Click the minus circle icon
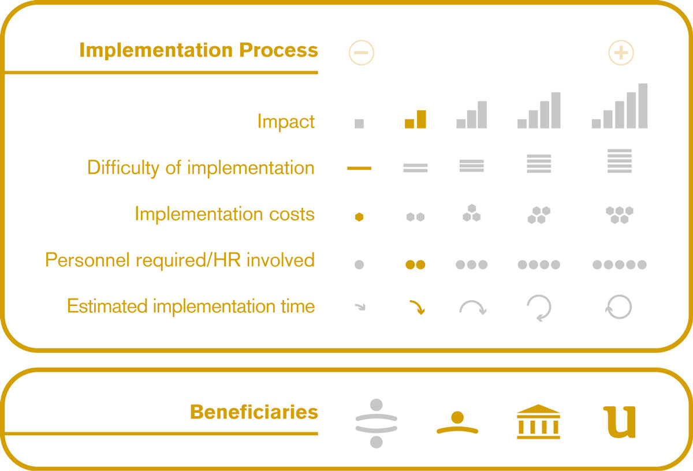pyautogui.click(x=362, y=53)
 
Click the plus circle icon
pyautogui.click(x=621, y=53)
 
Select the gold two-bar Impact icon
pyautogui.click(x=415, y=119)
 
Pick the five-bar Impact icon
pyautogui.click(x=619, y=106)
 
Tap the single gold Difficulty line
pyautogui.click(x=359, y=168)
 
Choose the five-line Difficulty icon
pyautogui.click(x=619, y=161)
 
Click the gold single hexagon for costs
pyautogui.click(x=359, y=217)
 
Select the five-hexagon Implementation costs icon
pyautogui.click(x=619, y=215)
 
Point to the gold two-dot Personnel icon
pyautogui.click(x=415, y=264)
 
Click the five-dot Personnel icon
pyautogui.click(x=619, y=264)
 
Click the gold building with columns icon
pyautogui.click(x=538, y=421)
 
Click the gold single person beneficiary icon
pyautogui.click(x=457, y=423)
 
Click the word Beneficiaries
pyautogui.click(x=254, y=412)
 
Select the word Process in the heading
pyautogui.click(x=278, y=50)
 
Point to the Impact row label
pyautogui.click(x=286, y=122)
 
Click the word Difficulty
pyautogui.click(x=124, y=169)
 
